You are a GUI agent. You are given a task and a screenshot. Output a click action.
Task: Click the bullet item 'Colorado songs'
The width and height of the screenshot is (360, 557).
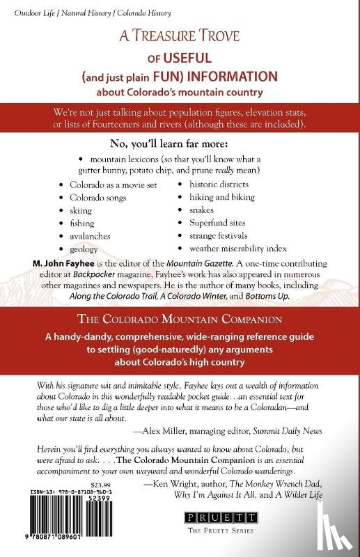97,198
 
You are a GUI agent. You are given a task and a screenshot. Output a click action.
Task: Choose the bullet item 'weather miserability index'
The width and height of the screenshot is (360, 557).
237,249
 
